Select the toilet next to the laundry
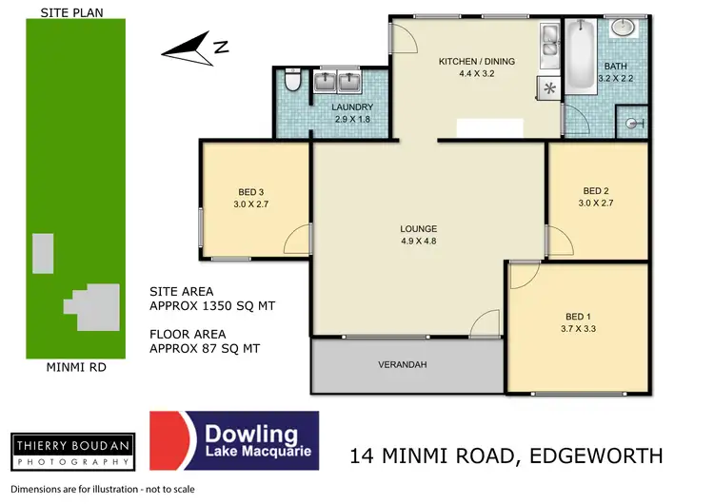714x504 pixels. [294, 79]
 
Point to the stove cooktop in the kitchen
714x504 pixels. [549, 88]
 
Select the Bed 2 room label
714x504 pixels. [596, 196]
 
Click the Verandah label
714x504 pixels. [401, 364]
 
